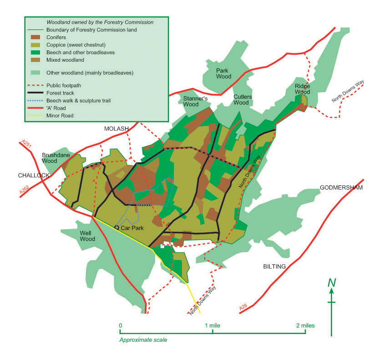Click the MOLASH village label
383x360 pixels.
[x=116, y=129]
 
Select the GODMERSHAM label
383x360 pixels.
[x=341, y=188]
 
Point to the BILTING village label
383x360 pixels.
[x=274, y=266]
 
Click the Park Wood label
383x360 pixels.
[x=224, y=74]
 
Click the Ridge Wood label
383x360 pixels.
[x=302, y=89]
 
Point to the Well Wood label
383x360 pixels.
[x=87, y=236]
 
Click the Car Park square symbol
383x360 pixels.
[x=116, y=227]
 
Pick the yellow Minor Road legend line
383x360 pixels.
[x=35, y=116]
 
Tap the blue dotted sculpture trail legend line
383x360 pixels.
[x=35, y=100]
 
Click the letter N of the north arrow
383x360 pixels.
[x=333, y=282]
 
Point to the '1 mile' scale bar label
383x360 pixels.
[x=213, y=325]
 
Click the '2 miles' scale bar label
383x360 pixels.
[x=305, y=325]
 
